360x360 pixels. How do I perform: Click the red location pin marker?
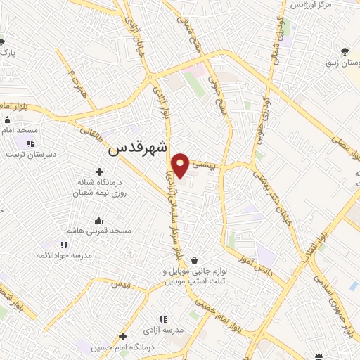(x=181, y=165)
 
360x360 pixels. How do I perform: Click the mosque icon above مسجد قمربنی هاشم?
(x=98, y=220)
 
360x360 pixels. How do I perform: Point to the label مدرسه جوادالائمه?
(x=65, y=256)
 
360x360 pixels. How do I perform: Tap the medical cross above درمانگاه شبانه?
(x=98, y=172)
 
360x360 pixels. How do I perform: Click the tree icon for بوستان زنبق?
(x=345, y=51)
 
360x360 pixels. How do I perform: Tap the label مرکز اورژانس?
(x=332, y=6)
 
